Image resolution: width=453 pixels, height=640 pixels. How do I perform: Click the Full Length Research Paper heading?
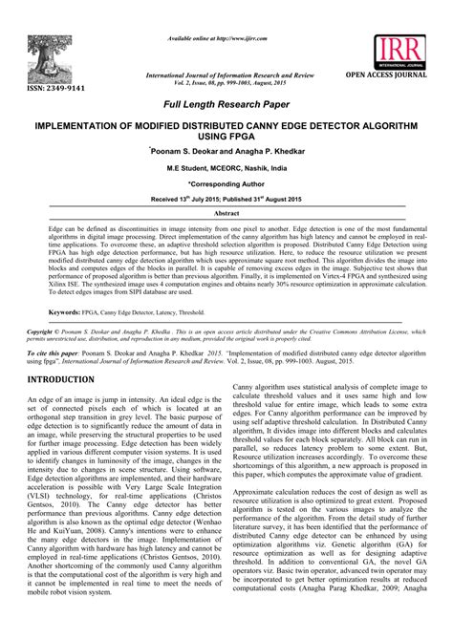[226, 104]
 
